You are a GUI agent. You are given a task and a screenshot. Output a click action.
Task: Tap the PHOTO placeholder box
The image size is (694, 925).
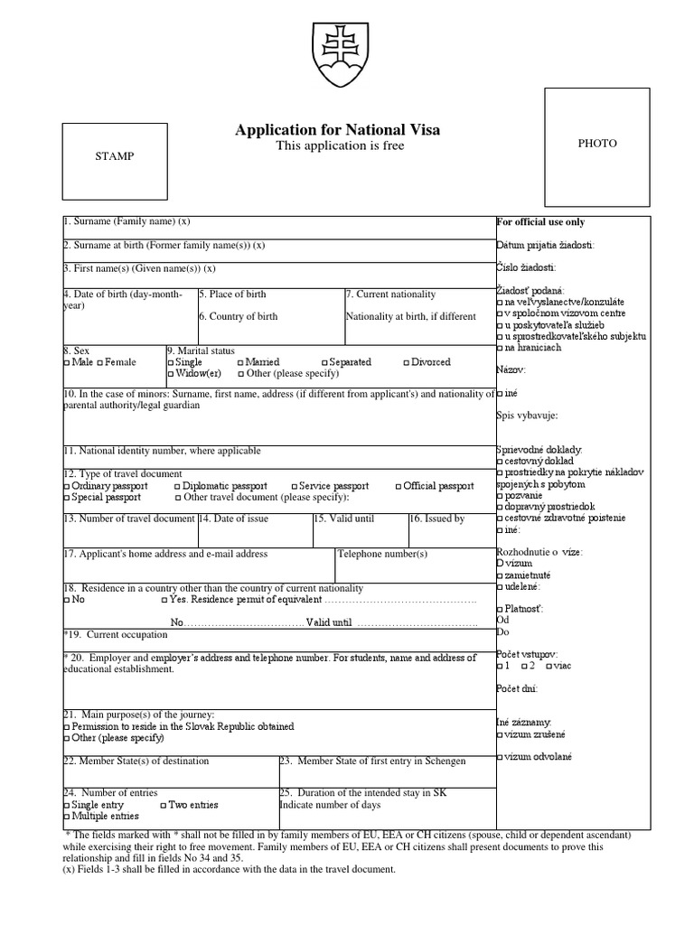596,143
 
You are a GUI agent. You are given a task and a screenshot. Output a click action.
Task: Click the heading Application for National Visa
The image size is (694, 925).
338,130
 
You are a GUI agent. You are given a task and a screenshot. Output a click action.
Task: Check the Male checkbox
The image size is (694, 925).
66,362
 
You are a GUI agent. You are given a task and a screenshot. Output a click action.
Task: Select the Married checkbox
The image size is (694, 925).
240,362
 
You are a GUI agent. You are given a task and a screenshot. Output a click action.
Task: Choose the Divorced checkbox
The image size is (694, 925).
406,362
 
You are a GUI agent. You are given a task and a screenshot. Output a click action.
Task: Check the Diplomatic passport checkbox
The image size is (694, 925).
177,486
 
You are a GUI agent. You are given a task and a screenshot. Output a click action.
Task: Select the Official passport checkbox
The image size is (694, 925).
399,486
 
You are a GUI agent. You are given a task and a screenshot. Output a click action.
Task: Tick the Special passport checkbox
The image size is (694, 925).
66,497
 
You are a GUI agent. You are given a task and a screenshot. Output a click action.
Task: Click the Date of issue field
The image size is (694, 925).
254,533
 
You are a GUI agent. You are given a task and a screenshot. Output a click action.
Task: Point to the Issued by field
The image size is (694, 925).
451,533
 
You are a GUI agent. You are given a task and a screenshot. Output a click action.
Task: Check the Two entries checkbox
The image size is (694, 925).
164,805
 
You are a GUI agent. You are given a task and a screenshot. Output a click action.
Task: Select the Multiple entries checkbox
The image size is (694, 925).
66,816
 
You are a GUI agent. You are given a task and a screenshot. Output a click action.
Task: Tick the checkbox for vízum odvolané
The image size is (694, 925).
500,757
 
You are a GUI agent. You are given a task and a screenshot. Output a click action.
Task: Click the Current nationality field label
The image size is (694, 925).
390,294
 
